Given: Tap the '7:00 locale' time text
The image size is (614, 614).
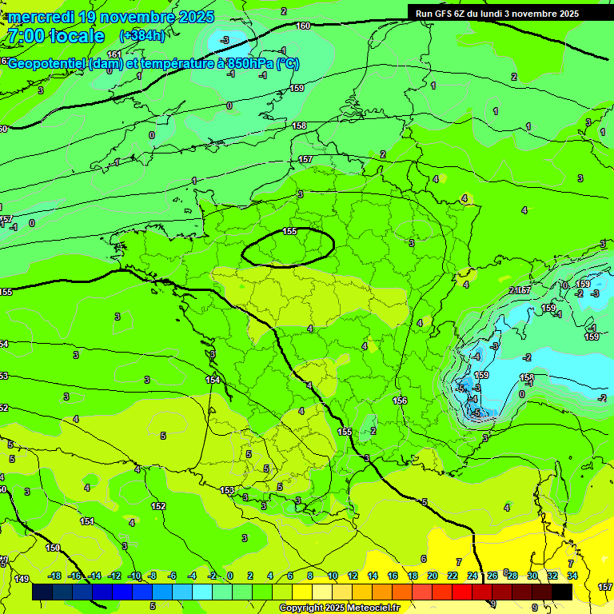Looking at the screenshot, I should (x=56, y=37).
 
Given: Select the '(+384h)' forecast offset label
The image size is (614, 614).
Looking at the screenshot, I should (x=142, y=36).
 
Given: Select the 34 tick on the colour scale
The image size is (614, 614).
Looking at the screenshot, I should (x=572, y=576).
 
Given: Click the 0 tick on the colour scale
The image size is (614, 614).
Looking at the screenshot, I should (x=230, y=576).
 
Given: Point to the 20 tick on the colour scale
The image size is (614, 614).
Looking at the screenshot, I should (x=433, y=576).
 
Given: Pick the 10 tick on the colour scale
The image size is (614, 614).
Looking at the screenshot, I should (x=332, y=576).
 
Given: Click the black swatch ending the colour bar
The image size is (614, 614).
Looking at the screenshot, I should (x=561, y=592).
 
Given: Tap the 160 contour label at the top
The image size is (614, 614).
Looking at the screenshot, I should (x=303, y=26).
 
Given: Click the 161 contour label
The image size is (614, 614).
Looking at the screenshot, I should (x=114, y=55).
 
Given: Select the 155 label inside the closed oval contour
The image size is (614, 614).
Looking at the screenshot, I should (x=289, y=232).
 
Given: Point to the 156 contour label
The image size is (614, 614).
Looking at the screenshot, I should (x=401, y=401).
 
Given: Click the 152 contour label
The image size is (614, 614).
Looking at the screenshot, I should (x=158, y=506).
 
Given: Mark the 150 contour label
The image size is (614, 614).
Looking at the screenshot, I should (x=53, y=548).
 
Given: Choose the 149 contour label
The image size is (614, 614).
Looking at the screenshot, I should (x=22, y=579).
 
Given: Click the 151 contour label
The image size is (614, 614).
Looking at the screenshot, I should (x=86, y=521).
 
